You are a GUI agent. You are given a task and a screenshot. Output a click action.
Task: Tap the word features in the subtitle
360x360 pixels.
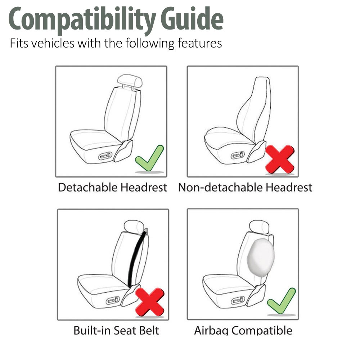coord(200,44)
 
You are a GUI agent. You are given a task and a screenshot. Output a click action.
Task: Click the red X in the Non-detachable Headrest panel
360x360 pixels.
coord(279,158)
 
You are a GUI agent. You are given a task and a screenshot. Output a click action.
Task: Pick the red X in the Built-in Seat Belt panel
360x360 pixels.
coord(150,302)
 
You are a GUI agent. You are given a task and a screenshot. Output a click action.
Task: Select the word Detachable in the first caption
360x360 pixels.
coord(87,188)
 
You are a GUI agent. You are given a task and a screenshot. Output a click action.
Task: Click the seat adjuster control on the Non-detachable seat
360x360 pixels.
coord(238,156)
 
